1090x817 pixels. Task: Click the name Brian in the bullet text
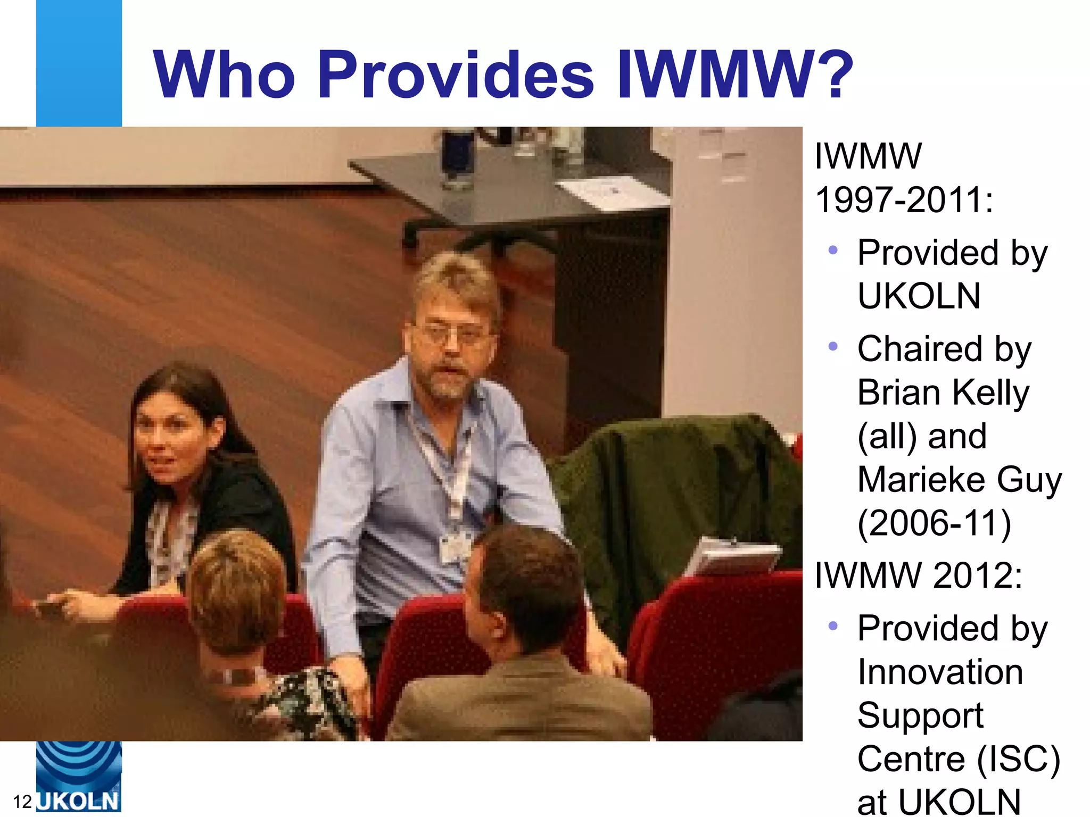coord(899,393)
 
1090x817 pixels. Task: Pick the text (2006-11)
coord(934,523)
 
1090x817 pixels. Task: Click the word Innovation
coord(940,672)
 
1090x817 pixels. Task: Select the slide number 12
coord(22,802)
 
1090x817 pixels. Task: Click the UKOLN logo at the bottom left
coord(79,777)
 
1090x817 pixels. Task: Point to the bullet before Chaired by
coord(833,347)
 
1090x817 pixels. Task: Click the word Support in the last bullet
coord(920,716)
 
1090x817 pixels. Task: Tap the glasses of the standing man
coord(451,335)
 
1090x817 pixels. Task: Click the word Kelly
coord(990,393)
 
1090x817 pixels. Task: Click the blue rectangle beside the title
coord(79,63)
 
